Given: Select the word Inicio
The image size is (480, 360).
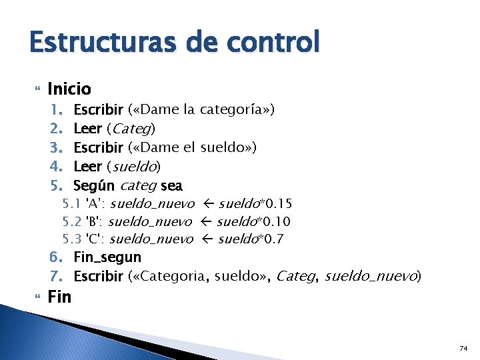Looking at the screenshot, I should tap(69, 89).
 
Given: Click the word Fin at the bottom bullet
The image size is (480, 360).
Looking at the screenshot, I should tap(59, 296).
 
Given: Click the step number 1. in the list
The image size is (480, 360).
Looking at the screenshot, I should tap(56, 109).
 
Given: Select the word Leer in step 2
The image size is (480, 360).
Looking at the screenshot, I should tap(87, 128).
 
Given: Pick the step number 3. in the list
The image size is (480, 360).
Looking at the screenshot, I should tap(56, 147).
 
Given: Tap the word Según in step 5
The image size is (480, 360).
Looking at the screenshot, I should tap(93, 185).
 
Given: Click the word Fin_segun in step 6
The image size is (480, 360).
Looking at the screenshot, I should tap(107, 257).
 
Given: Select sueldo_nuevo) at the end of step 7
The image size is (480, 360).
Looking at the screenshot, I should tap(373, 275).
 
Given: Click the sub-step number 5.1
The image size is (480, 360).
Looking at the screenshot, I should tap(71, 203).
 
